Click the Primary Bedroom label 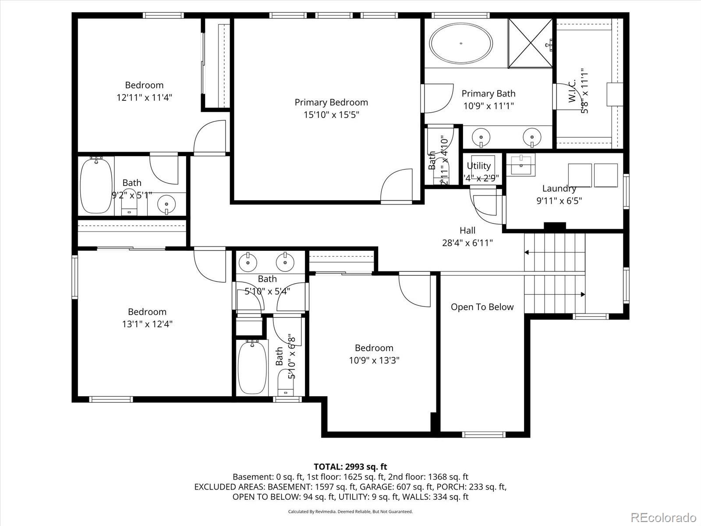point(331,102)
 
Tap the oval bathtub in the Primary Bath point(461,43)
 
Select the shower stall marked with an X point(530,43)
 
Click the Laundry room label point(559,188)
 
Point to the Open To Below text point(482,307)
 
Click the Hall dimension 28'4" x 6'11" point(467,242)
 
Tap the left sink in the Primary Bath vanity point(481,136)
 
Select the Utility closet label point(478,166)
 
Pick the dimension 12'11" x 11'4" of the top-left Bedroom point(144,97)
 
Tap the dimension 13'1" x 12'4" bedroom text point(147,324)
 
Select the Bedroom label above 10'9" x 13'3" point(374,348)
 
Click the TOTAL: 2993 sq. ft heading point(350,467)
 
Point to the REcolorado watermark point(663,516)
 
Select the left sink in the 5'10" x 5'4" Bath point(248,262)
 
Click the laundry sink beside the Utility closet point(521,164)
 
